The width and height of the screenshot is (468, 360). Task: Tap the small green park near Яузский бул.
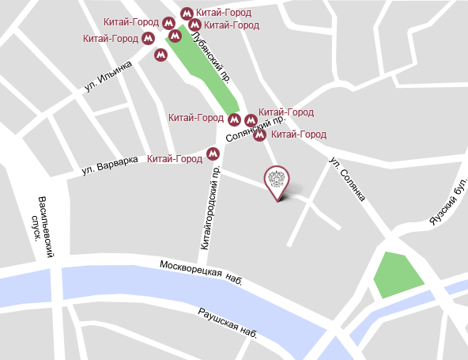(398, 275)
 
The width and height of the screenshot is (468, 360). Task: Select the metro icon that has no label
(160, 55)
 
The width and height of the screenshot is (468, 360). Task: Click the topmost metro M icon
(187, 13)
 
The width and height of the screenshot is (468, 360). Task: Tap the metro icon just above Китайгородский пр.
(212, 153)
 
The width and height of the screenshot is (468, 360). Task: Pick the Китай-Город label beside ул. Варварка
(175, 159)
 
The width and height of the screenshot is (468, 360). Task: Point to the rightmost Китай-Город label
(299, 135)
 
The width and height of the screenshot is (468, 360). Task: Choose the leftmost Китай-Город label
(111, 38)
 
